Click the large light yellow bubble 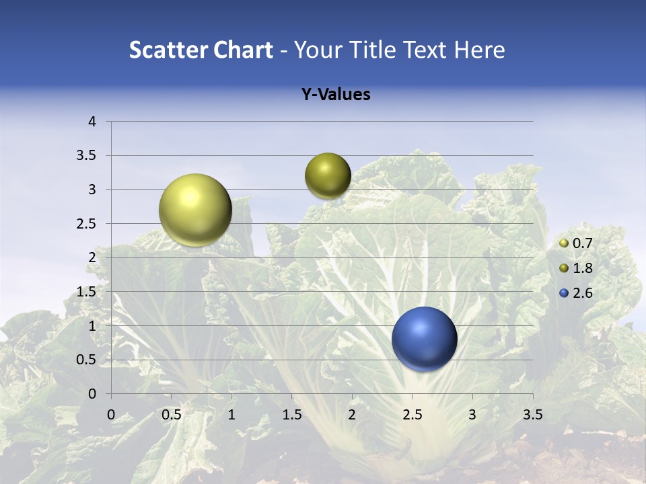[195, 210]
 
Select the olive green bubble [328, 176]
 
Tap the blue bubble [424, 339]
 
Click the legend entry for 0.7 [576, 243]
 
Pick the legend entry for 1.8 [576, 268]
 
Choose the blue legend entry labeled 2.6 [576, 293]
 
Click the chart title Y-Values [336, 95]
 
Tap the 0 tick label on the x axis [112, 415]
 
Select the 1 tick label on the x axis [231, 415]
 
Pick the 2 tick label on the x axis [352, 415]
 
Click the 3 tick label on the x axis [472, 415]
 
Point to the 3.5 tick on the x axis [532, 415]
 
